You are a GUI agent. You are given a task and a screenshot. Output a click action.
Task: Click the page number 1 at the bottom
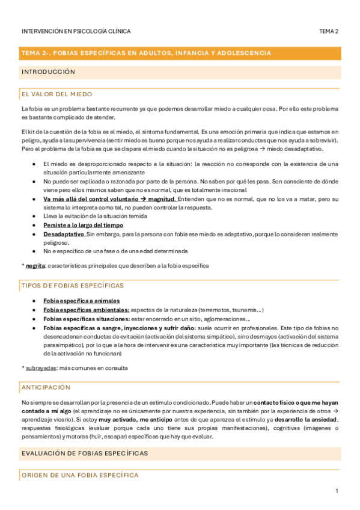pos(337,491)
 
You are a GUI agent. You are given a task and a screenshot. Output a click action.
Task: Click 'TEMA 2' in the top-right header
pos(329,31)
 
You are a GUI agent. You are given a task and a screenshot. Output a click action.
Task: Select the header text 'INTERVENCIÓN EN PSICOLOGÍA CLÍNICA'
pos(76,31)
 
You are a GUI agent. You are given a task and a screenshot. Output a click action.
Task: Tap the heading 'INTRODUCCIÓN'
pos(48,72)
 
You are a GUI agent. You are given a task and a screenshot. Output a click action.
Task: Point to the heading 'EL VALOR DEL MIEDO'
pos(57,94)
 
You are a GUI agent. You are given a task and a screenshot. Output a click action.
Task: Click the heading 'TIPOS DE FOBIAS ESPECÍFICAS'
pos(72,285)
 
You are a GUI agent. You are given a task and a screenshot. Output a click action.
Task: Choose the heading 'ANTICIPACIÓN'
pos(46,387)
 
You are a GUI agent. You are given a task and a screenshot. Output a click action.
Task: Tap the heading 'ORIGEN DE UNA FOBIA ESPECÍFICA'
pos(79,475)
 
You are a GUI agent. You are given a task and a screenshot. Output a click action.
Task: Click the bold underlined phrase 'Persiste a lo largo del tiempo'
pos(80,225)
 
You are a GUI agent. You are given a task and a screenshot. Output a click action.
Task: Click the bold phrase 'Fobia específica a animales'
pos(81,301)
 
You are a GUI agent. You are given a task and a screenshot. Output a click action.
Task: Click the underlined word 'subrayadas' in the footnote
pos(43,367)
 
